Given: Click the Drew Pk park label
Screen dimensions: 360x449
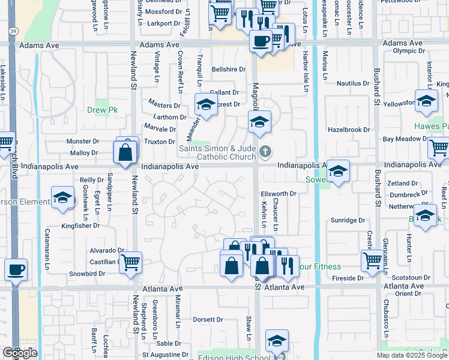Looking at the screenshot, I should (103, 110).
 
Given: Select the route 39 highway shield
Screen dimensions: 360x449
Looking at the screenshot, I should (13, 31).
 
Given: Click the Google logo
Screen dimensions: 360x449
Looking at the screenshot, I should (20, 353).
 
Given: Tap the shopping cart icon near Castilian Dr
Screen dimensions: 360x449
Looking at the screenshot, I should (130, 262).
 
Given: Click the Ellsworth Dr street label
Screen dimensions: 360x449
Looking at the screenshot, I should (279, 194).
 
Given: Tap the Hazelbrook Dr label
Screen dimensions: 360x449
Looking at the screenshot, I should (348, 130).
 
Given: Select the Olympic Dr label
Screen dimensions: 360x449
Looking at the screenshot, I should (409, 51).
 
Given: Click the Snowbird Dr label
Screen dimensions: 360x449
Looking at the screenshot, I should (86, 274).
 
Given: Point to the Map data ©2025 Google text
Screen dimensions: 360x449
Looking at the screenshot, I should (412, 355).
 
